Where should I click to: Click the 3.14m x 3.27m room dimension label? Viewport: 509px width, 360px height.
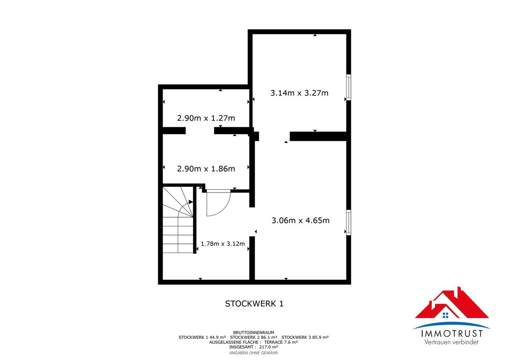tap(299, 93)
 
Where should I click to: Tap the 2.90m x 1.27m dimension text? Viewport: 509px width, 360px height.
tap(206, 118)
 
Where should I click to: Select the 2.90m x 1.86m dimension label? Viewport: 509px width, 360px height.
tap(206, 169)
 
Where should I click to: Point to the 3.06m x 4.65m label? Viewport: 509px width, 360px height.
tap(300, 220)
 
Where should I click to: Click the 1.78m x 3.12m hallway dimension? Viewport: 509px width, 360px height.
tap(223, 243)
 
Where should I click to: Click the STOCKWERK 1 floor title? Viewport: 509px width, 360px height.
tap(254, 304)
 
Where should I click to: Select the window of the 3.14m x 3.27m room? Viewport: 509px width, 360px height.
tap(348, 87)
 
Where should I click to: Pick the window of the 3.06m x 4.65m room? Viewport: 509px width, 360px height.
tap(348, 222)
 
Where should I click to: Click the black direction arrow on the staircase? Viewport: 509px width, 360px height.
tap(191, 202)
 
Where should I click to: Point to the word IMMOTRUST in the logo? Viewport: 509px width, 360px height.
tap(452, 334)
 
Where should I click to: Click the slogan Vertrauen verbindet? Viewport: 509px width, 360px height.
tap(451, 342)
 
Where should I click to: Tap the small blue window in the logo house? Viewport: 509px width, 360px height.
tap(445, 315)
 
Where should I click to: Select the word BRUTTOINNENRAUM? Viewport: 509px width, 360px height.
tap(254, 333)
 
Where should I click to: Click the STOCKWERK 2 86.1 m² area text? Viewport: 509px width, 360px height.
tap(254, 337)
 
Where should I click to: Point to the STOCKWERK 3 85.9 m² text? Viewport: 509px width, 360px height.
tap(305, 337)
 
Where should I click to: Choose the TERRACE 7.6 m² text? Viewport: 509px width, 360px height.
tap(281, 342)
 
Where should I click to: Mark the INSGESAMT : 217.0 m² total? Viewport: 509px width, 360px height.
tap(254, 347)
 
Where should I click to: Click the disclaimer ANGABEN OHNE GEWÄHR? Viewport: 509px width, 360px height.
tap(254, 353)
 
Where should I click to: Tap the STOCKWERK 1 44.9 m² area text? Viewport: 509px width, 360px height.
tap(202, 337)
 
